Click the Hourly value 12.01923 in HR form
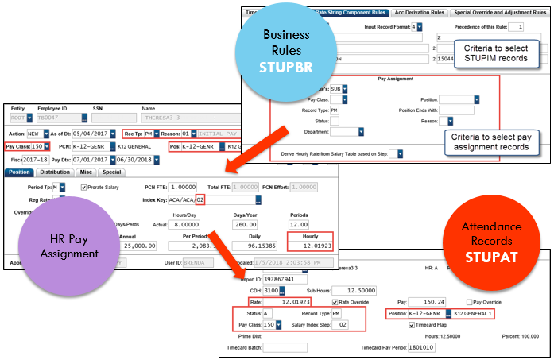point(311,246)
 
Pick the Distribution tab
point(55,172)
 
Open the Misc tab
point(86,172)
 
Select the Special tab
point(111,172)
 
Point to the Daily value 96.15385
point(257,246)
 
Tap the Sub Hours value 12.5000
point(374,291)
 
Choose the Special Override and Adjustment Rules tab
point(502,13)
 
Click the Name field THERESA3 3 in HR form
point(179,117)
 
